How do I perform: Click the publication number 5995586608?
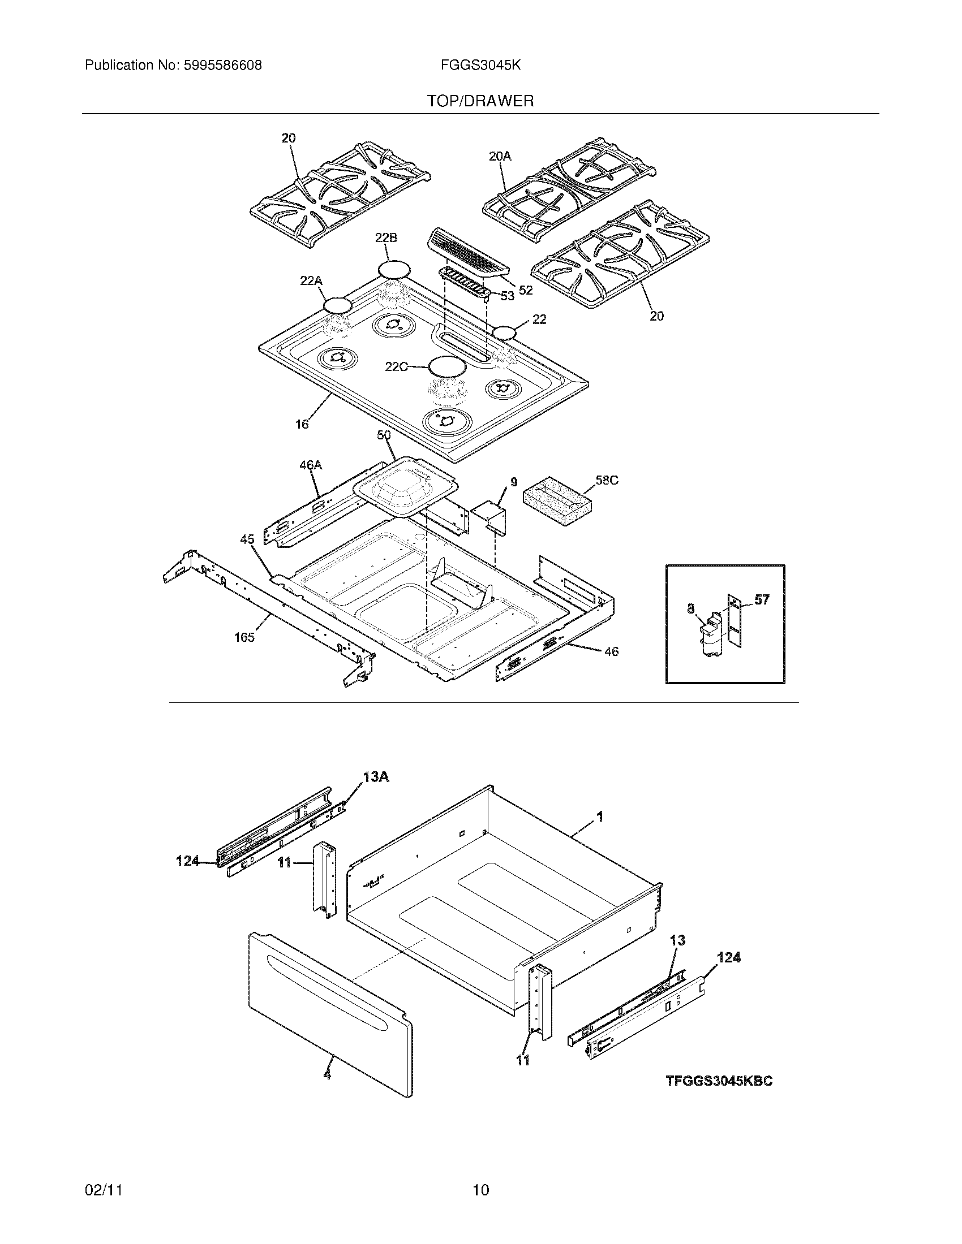(x=222, y=66)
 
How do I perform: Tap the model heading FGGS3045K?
(x=480, y=66)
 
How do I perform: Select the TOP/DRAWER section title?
(x=480, y=101)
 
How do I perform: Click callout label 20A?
(x=500, y=155)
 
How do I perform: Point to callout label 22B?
(x=386, y=238)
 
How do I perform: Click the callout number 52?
(x=526, y=291)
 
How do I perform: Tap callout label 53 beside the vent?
(x=506, y=296)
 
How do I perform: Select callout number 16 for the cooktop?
(x=302, y=424)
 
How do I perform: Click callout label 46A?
(x=311, y=465)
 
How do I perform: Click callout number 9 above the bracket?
(x=513, y=482)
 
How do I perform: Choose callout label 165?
(x=244, y=637)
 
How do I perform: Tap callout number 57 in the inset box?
(x=762, y=599)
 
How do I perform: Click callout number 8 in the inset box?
(x=691, y=609)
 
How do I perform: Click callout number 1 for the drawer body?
(x=599, y=817)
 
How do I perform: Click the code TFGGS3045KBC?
(x=719, y=1081)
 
